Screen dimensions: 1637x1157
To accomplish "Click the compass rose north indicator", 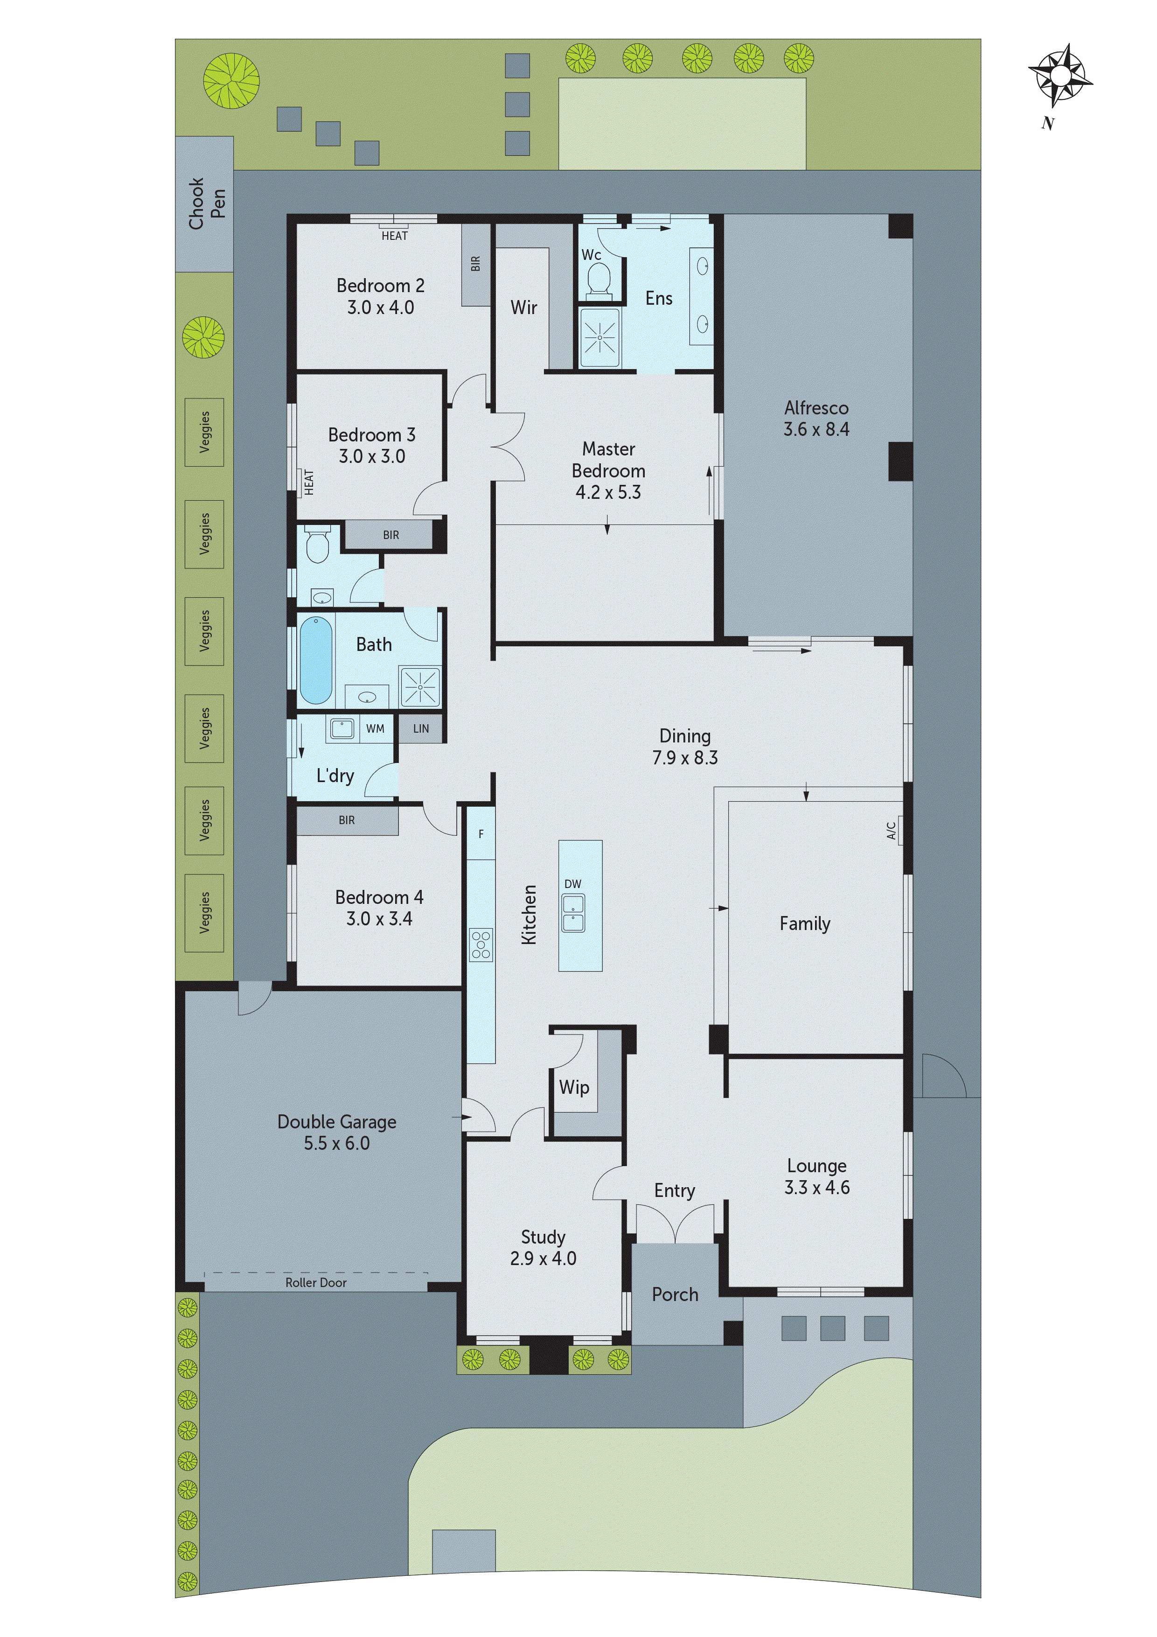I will pos(1059,75).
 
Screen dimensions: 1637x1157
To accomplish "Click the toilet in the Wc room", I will pos(599,280).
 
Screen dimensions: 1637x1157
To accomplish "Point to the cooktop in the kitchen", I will pos(481,944).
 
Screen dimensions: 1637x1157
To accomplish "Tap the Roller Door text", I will pos(316,1283).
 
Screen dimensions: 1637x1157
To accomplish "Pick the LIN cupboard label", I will pos(421,728).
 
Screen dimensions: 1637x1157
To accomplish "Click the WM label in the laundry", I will pos(375,728).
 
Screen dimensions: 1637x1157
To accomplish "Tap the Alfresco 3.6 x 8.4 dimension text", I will pos(816,429).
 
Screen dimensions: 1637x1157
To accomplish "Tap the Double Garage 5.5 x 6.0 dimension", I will pos(336,1144).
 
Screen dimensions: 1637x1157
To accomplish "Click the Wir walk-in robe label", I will pos(523,308).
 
